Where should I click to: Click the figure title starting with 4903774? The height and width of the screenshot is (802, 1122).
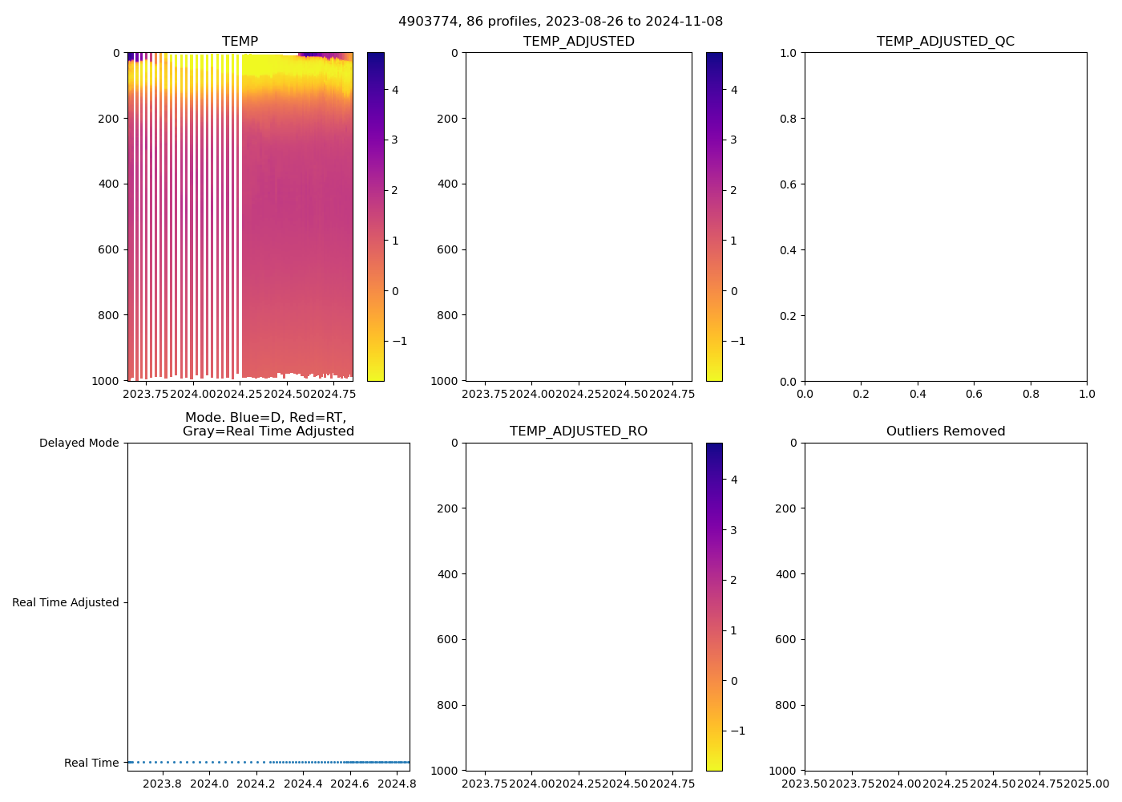(560, 22)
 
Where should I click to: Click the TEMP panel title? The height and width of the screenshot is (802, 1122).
(240, 42)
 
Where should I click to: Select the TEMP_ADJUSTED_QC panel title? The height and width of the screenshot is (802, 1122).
(945, 42)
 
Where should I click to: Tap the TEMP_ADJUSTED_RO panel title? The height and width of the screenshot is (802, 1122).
(578, 431)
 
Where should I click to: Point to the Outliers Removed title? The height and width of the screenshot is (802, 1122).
(945, 431)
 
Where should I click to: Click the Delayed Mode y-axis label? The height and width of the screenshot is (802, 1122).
(79, 443)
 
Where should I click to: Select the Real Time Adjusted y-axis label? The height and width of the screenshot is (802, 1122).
(65, 602)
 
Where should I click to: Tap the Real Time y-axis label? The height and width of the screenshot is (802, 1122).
(91, 763)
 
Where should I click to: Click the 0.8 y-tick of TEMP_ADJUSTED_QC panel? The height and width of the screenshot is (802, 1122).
(789, 119)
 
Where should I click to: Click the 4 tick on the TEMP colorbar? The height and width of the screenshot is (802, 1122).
(395, 90)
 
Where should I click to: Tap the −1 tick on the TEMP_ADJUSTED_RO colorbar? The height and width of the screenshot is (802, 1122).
(737, 731)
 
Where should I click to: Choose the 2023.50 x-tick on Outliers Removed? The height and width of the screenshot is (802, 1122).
(805, 784)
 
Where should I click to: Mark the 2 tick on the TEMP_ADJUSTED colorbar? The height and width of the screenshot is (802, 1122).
(733, 190)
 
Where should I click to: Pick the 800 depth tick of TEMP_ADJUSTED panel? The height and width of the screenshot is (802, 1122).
(448, 315)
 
